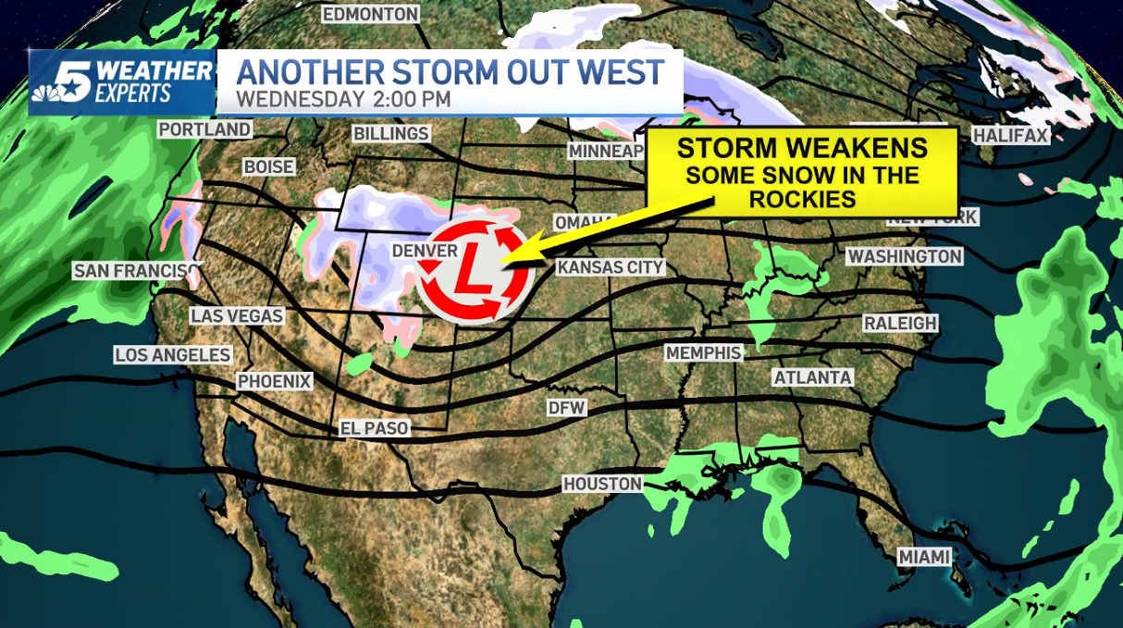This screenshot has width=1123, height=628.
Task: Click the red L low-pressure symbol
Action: pos(469,271)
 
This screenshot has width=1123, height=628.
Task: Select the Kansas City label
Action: pos(611,267)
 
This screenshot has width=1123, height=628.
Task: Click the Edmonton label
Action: pos(370,14)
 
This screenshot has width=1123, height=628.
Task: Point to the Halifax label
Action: pos(1010,136)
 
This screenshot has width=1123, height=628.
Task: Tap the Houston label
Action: pos(602,484)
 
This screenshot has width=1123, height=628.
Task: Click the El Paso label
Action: pos(375,428)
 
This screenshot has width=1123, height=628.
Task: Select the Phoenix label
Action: pos(275,381)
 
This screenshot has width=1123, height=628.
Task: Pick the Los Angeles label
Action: pos(173,355)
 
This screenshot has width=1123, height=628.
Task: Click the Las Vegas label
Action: pos(237,316)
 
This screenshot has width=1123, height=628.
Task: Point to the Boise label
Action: pos(269,166)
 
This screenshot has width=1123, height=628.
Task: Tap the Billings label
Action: pos(391,134)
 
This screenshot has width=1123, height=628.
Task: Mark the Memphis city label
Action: pos(704,353)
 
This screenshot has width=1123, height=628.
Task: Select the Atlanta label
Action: pos(813,377)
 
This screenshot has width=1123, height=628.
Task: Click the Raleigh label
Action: pos(900,324)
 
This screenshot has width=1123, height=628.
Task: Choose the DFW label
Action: pos(567,408)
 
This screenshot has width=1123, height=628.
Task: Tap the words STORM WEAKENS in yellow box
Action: pos(802,148)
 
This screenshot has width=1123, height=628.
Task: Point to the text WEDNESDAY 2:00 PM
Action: pos(343,99)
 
